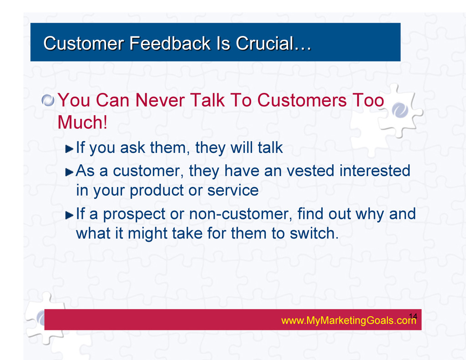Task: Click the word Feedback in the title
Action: click(170, 43)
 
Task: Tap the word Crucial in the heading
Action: click(264, 43)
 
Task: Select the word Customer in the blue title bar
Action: click(84, 43)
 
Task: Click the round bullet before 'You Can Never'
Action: click(48, 100)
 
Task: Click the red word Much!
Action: click(82, 122)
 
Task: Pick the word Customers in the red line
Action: click(302, 100)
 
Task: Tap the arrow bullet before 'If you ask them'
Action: click(69, 149)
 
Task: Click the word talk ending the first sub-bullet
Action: click(270, 147)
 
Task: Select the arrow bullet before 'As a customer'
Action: click(69, 172)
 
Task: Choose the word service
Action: click(233, 190)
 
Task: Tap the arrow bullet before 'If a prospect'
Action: click(69, 215)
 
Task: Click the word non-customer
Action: click(241, 214)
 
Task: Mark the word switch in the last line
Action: click(314, 233)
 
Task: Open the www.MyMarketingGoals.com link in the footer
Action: click(349, 320)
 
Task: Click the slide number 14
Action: click(413, 316)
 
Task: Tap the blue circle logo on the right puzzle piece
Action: click(400, 110)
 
